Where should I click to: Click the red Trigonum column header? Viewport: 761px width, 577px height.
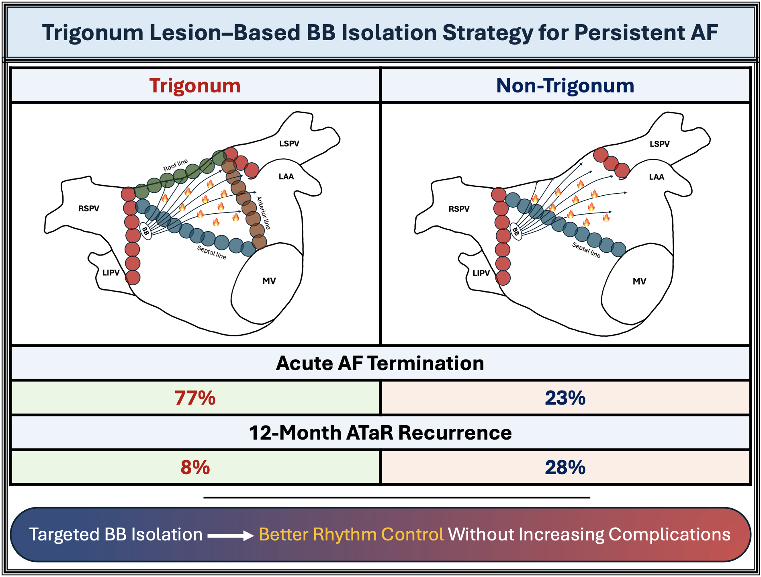pos(195,86)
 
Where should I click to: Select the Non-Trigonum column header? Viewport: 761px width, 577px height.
pos(565,86)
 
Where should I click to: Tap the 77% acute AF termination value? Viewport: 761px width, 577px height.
pos(195,398)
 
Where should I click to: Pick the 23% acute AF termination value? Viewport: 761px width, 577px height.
pos(565,398)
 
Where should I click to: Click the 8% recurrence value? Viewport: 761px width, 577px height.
pos(195,467)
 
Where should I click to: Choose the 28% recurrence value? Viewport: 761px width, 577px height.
pos(565,467)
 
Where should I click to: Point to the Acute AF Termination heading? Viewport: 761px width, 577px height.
pos(380,363)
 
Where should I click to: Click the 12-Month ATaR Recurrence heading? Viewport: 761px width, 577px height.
pos(380,433)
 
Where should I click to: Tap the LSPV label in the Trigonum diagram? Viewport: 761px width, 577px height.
pos(289,143)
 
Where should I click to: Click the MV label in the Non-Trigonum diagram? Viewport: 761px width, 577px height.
pos(639,281)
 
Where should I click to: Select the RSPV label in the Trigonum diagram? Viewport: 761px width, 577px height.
pos(89,209)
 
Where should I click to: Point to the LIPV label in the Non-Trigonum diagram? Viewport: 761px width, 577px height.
pos(481,273)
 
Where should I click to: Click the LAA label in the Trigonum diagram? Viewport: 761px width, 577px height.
pos(286,176)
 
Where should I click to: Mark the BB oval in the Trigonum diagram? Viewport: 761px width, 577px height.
pos(145,231)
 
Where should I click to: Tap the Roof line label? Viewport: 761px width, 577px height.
pos(176,165)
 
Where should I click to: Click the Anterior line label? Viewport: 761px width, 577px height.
pos(263,213)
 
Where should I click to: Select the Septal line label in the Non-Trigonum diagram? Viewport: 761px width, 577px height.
pos(586,250)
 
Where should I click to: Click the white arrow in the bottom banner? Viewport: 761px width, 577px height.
pos(231,536)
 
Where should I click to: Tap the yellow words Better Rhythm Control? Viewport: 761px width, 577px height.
pos(351,534)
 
